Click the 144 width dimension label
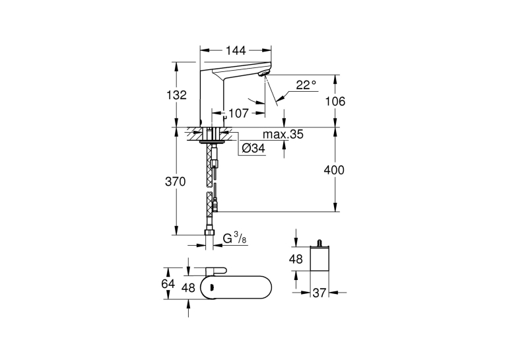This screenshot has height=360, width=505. click(x=236, y=51)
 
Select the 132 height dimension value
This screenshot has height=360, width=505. click(x=176, y=95)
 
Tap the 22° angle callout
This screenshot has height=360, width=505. click(x=306, y=85)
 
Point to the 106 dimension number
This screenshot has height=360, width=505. click(x=335, y=102)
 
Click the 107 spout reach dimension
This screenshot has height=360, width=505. click(x=239, y=113)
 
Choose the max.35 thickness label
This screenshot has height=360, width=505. click(x=283, y=134)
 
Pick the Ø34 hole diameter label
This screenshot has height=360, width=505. click(x=253, y=148)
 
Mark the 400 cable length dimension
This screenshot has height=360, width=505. click(x=334, y=170)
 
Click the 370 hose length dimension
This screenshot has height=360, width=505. click(x=176, y=182)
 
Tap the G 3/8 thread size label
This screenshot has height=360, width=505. click(x=235, y=239)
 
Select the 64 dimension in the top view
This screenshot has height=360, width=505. click(x=168, y=284)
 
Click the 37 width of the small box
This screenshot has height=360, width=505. click(x=320, y=293)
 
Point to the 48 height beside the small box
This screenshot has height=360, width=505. click(x=296, y=259)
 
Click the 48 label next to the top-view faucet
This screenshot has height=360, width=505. click(x=188, y=287)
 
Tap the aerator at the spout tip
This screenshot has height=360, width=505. click(x=264, y=73)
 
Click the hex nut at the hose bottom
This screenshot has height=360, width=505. click(x=210, y=233)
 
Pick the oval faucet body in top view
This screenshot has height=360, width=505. click(x=236, y=287)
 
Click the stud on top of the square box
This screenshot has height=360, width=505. click(x=320, y=243)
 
